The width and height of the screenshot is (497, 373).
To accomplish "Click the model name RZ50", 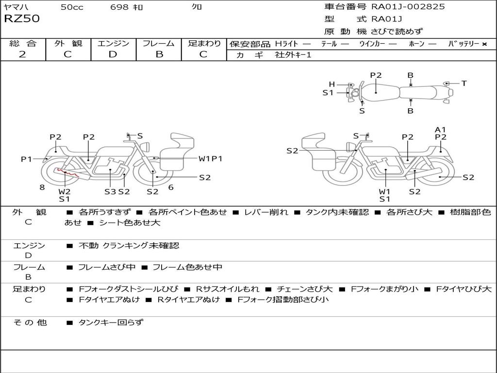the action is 22,19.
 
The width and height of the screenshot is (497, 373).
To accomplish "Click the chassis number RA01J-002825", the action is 408,7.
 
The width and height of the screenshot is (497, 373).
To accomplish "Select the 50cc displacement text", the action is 72,7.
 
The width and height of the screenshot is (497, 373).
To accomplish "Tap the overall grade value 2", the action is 22,54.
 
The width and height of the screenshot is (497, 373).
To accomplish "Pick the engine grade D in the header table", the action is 113,54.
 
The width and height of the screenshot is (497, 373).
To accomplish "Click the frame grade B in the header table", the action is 159,54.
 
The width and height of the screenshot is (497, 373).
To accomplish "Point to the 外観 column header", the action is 68,43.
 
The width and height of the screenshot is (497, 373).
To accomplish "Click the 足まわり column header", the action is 204,43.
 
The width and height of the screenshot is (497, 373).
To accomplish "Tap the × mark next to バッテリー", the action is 484,44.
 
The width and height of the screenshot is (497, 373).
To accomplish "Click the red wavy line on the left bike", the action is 67,172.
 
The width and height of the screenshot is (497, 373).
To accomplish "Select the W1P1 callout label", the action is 210,158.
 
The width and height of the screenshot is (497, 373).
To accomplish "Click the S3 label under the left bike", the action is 110,191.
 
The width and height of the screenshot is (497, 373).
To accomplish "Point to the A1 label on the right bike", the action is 440,129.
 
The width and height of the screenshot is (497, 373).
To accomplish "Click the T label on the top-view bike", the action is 464,84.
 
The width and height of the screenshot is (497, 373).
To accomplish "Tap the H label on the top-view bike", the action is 332,85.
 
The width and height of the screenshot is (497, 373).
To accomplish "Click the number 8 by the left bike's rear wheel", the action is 42,187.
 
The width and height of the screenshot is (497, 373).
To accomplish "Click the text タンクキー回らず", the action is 111,322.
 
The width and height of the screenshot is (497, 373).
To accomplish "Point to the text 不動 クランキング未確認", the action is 129,246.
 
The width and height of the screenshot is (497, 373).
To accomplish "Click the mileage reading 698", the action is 119,7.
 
